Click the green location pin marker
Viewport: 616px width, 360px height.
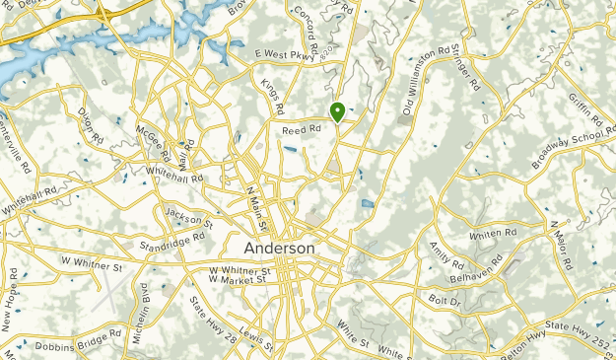pos(337,111)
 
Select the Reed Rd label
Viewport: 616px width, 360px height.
pos(303,129)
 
